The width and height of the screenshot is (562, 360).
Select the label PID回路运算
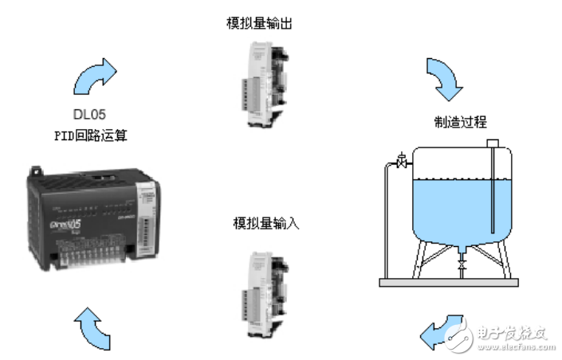pyautogui.click(x=90, y=135)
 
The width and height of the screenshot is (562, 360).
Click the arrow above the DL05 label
pyautogui.click(x=94, y=76)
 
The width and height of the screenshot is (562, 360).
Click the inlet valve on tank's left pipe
pyautogui.click(x=400, y=162)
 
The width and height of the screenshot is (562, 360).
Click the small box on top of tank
pyautogui.click(x=493, y=143)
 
